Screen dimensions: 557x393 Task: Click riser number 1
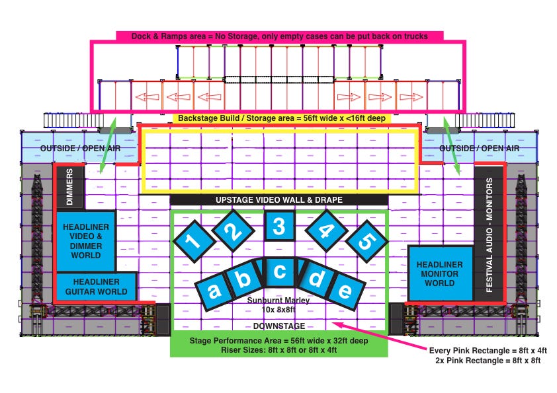point(194,241)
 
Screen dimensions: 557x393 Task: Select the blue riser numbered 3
point(279,226)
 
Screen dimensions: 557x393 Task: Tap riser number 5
point(366,241)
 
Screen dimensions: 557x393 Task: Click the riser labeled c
point(279,272)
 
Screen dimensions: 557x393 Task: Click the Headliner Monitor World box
point(440,273)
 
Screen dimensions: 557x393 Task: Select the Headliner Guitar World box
point(97,287)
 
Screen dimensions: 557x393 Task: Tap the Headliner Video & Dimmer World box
point(85,241)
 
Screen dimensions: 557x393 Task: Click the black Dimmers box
point(70,187)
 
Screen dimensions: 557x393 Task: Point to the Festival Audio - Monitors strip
point(489,234)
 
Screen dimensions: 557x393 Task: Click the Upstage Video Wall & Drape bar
point(279,200)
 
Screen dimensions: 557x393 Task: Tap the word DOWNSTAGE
point(279,326)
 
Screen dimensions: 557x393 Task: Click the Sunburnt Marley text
point(278,301)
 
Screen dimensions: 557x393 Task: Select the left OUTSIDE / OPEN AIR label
point(80,148)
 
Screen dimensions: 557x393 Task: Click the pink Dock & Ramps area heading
point(280,36)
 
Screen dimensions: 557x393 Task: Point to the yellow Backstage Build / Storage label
point(282,118)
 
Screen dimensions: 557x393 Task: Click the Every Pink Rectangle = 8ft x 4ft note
point(488,351)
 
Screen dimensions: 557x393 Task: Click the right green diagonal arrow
point(452,146)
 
